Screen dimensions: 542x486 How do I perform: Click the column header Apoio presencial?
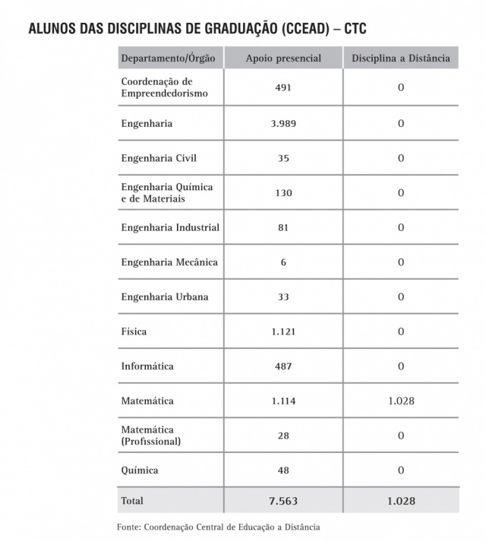pyautogui.click(x=283, y=59)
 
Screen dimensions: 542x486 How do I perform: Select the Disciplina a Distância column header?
pyautogui.click(x=400, y=59)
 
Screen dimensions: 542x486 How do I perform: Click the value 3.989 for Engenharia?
pyautogui.click(x=283, y=123)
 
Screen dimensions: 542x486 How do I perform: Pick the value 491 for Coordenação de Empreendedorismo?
pyautogui.click(x=283, y=87)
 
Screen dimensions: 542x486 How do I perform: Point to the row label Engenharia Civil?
pyautogui.click(x=159, y=158)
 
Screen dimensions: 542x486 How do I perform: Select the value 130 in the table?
pyautogui.click(x=283, y=193)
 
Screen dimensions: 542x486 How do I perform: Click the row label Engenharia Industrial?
pyautogui.click(x=170, y=227)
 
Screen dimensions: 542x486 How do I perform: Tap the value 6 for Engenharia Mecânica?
pyautogui.click(x=283, y=262)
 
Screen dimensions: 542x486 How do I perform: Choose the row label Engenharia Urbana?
pyautogui.click(x=165, y=296)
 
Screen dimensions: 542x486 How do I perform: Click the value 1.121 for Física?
pyautogui.click(x=283, y=331)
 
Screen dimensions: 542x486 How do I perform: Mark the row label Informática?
pyautogui.click(x=147, y=366)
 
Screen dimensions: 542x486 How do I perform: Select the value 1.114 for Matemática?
pyautogui.click(x=283, y=401)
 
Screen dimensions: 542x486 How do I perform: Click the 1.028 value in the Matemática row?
pyautogui.click(x=400, y=401)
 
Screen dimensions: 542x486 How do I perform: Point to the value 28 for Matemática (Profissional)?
pyautogui.click(x=283, y=436)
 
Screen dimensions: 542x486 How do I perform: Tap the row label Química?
pyautogui.click(x=140, y=471)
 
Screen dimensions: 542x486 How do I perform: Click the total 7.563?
pyautogui.click(x=283, y=501)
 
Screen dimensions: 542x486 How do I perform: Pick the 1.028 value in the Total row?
pyautogui.click(x=400, y=501)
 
